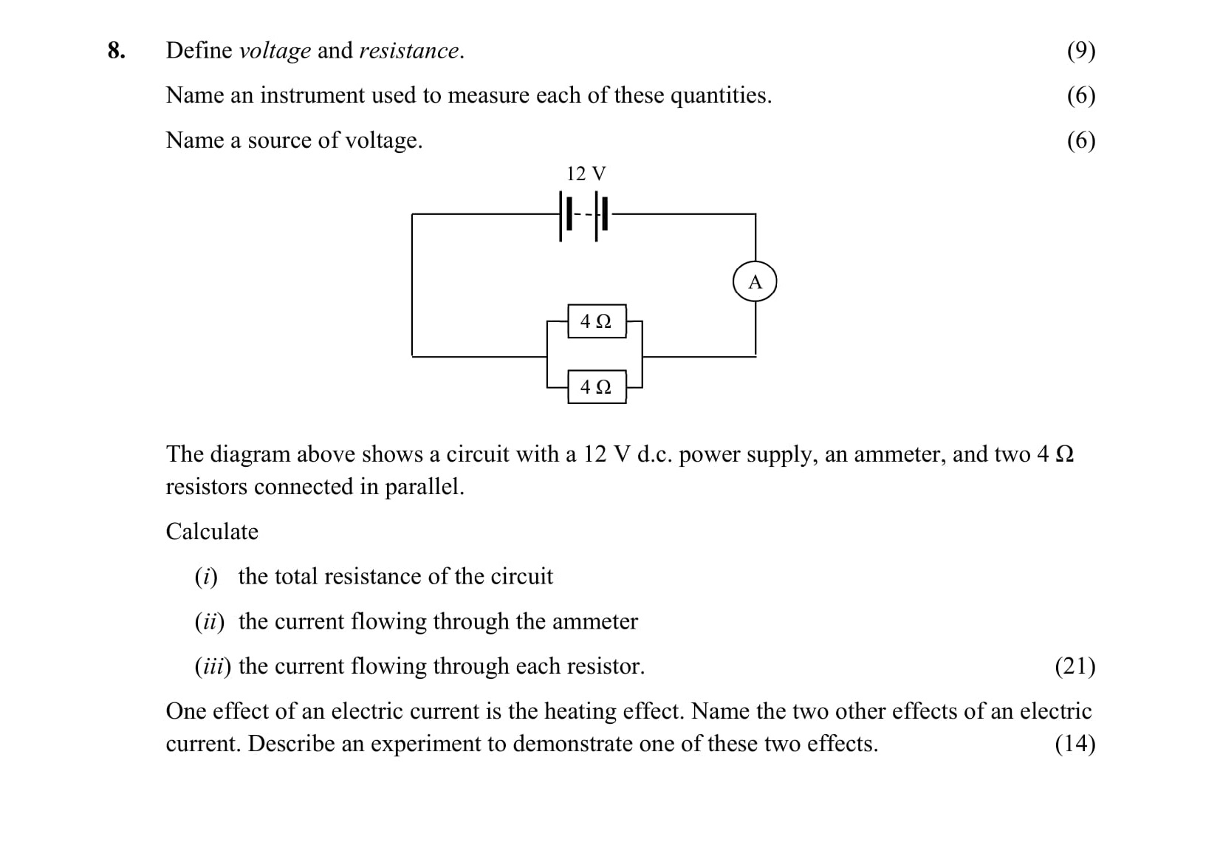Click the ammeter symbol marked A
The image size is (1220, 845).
tap(754, 282)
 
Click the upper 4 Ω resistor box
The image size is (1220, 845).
tap(596, 321)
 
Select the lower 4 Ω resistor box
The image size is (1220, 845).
tap(596, 387)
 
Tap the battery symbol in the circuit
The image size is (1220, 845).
tap(584, 215)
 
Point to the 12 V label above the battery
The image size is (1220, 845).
tap(586, 174)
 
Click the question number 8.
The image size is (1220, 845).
tap(116, 50)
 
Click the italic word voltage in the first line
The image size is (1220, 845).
tap(275, 51)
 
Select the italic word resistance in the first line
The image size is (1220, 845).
tap(409, 51)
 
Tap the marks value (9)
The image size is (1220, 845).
tap(1080, 51)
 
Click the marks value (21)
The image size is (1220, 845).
tap(1075, 666)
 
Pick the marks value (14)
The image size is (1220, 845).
tap(1075, 744)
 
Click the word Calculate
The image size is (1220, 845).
tap(212, 532)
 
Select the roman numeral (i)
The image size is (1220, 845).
tap(206, 577)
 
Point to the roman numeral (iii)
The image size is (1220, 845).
tap(213, 666)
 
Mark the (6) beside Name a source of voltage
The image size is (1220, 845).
tap(1080, 140)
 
